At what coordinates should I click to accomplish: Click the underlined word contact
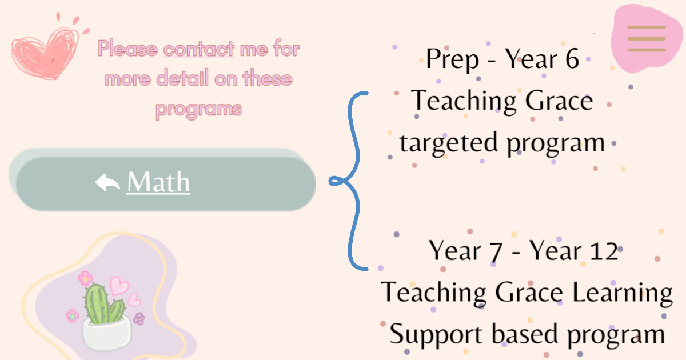[199, 49]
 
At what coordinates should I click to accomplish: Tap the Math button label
[159, 182]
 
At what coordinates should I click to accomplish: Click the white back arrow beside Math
[107, 182]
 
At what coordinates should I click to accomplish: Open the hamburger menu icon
[647, 39]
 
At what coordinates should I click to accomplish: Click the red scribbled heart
[45, 54]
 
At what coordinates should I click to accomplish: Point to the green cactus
[103, 304]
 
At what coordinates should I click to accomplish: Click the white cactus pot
[106, 334]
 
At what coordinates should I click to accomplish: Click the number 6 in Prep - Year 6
[572, 58]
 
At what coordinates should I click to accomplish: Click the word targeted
[448, 144]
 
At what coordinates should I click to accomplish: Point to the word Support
[436, 335]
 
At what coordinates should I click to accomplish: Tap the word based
[525, 334]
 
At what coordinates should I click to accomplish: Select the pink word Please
[128, 49]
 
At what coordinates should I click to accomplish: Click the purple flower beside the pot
[139, 319]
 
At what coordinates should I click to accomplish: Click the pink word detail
[183, 78]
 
